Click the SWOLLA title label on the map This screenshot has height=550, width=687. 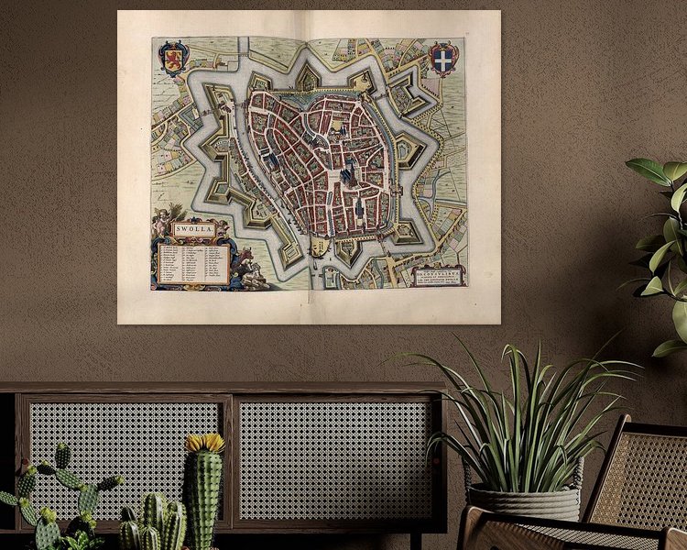(x=191, y=229)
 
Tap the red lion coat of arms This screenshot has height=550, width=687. (x=173, y=56)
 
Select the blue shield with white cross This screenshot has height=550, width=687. (x=442, y=57)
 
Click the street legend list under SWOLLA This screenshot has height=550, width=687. (x=192, y=262)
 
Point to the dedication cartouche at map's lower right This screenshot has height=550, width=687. (x=439, y=274)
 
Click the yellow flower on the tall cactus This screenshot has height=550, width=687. (x=205, y=444)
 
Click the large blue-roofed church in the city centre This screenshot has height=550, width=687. (x=349, y=174)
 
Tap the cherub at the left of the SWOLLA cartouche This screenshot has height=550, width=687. (x=162, y=220)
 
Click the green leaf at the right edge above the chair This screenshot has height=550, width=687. (x=652, y=171)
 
